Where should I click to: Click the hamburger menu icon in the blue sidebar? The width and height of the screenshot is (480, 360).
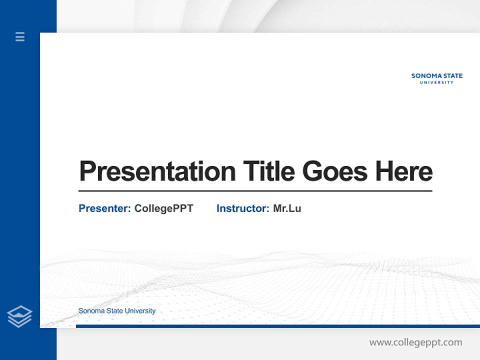20,36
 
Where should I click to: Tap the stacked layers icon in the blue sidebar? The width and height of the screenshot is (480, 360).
19,316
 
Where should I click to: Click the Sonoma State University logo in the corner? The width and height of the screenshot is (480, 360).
437,78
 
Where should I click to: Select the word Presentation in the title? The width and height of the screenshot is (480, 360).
157,171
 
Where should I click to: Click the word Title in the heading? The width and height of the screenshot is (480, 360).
269,171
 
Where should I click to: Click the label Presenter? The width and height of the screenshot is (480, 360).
104,208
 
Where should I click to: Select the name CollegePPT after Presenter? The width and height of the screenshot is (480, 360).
163,208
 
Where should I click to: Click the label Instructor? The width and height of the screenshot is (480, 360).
242,208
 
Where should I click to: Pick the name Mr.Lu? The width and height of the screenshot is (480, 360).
287,208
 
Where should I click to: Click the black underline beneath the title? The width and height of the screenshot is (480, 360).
255,191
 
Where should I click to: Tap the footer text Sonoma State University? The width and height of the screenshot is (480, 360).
117,311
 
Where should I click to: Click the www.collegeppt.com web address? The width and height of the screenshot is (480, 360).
415,342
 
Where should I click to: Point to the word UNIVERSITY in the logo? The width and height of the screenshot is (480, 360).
437,82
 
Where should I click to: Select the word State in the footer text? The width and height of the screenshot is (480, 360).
115,311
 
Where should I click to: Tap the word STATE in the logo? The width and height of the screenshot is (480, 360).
451,76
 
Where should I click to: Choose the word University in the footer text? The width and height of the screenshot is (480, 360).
140,311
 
